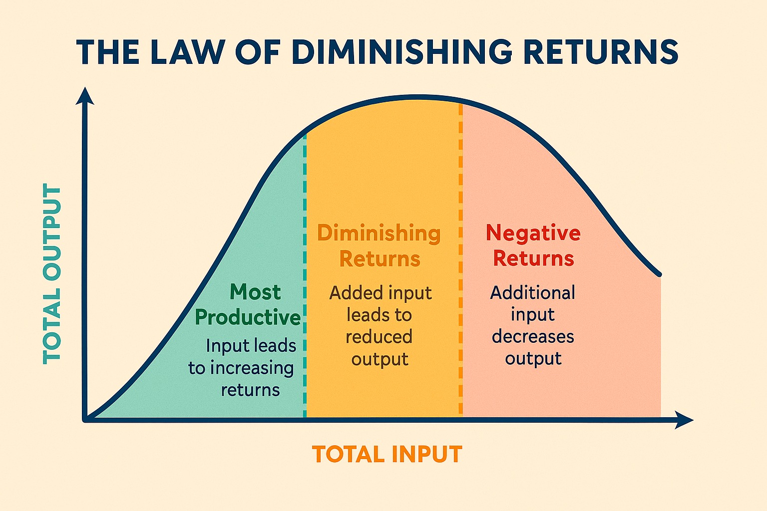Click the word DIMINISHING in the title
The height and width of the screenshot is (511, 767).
tap(402, 52)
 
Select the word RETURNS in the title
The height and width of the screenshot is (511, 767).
tap(601, 52)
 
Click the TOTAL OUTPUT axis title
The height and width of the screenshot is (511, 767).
tap(52, 273)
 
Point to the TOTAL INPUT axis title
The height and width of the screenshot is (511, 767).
tap(387, 454)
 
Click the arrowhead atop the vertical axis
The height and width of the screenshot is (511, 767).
tap(85, 96)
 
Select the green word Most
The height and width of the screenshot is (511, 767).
tap(256, 292)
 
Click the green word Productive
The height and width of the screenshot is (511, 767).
tap(248, 317)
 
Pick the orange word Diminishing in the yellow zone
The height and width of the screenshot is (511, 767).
tap(379, 234)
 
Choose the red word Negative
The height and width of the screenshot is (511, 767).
tap(533, 234)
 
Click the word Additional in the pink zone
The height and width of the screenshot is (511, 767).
tap(532, 293)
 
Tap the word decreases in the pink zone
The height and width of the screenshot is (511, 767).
tap(533, 337)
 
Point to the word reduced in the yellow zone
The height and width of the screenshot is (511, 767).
tap(379, 337)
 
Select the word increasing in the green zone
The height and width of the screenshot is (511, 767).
tap(252, 369)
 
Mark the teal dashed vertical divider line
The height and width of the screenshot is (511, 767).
tap(305, 275)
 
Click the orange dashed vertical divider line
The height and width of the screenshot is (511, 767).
tap(460, 260)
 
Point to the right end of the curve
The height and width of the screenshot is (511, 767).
tap(660, 274)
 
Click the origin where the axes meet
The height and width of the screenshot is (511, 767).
tap(85, 420)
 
